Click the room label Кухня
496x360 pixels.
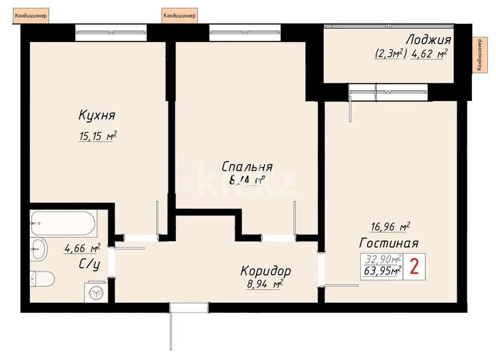[x=97, y=116]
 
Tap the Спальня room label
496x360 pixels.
[x=247, y=167]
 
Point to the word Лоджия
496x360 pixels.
[x=428, y=40]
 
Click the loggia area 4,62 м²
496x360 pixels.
[x=429, y=54]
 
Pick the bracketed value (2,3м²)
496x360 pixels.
[x=391, y=54]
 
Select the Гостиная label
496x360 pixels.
[x=389, y=243]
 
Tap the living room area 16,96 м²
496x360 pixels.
[x=389, y=226]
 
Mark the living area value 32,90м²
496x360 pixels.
[x=382, y=260]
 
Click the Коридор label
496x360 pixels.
[x=265, y=271]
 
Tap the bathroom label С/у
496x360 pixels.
[x=90, y=265]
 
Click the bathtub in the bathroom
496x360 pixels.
[x=63, y=224]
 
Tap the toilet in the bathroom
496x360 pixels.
[x=42, y=279]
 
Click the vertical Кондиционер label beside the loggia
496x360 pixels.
[x=478, y=54]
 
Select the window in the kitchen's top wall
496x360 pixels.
[x=111, y=32]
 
